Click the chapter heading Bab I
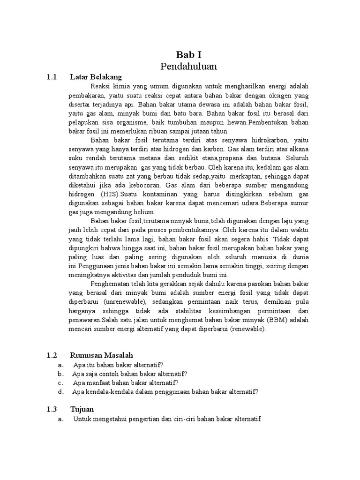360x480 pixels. point(189,54)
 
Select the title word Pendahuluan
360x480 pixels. point(188,66)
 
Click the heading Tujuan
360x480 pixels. point(82,409)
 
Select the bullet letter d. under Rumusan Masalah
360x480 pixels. point(60,391)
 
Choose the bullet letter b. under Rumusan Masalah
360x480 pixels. point(60,374)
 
